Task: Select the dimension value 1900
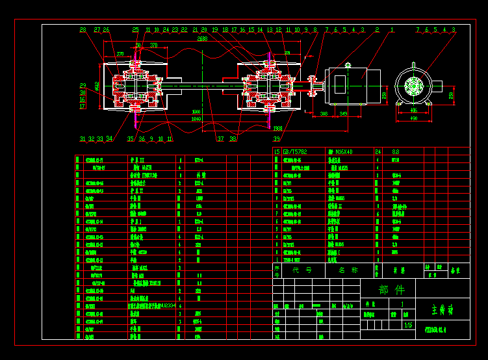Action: pyautogui.click(x=196, y=112)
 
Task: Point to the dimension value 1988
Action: pyautogui.click(x=277, y=128)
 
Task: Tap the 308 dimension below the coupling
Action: pyautogui.click(x=324, y=114)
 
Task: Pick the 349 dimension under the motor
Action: pyautogui.click(x=344, y=114)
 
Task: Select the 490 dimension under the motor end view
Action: pyautogui.click(x=414, y=118)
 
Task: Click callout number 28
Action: pyautogui.click(x=83, y=30)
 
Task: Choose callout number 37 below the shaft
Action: pyautogui.click(x=220, y=138)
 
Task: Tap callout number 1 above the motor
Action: pyautogui.click(x=392, y=30)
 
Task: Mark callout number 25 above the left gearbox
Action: pyautogui.click(x=135, y=30)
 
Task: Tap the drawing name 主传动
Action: pyautogui.click(x=443, y=309)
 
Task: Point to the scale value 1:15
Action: pyautogui.click(x=408, y=325)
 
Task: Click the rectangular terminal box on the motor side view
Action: pyautogui.click(x=341, y=83)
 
